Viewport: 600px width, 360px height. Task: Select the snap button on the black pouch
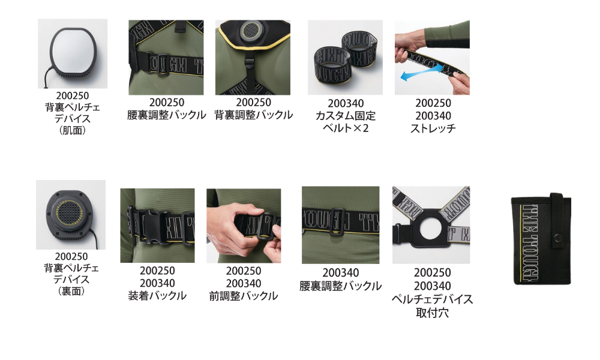tap(558, 238)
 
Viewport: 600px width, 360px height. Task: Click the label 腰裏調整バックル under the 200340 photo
tap(341, 286)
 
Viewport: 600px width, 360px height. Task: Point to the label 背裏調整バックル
tap(253, 115)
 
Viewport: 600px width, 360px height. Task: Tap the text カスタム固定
tap(346, 116)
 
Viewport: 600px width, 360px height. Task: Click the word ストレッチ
tap(433, 128)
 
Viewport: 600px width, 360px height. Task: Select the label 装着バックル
tap(157, 296)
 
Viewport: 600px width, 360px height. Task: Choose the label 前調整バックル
tap(244, 296)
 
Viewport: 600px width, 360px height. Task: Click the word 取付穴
tap(433, 313)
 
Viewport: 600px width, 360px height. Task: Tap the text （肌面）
tap(73, 130)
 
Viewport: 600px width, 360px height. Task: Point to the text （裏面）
tap(71, 291)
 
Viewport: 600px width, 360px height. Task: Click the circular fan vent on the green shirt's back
tap(251, 29)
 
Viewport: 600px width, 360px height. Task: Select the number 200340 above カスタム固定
tap(346, 103)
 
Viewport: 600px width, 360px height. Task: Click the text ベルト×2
tap(346, 128)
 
